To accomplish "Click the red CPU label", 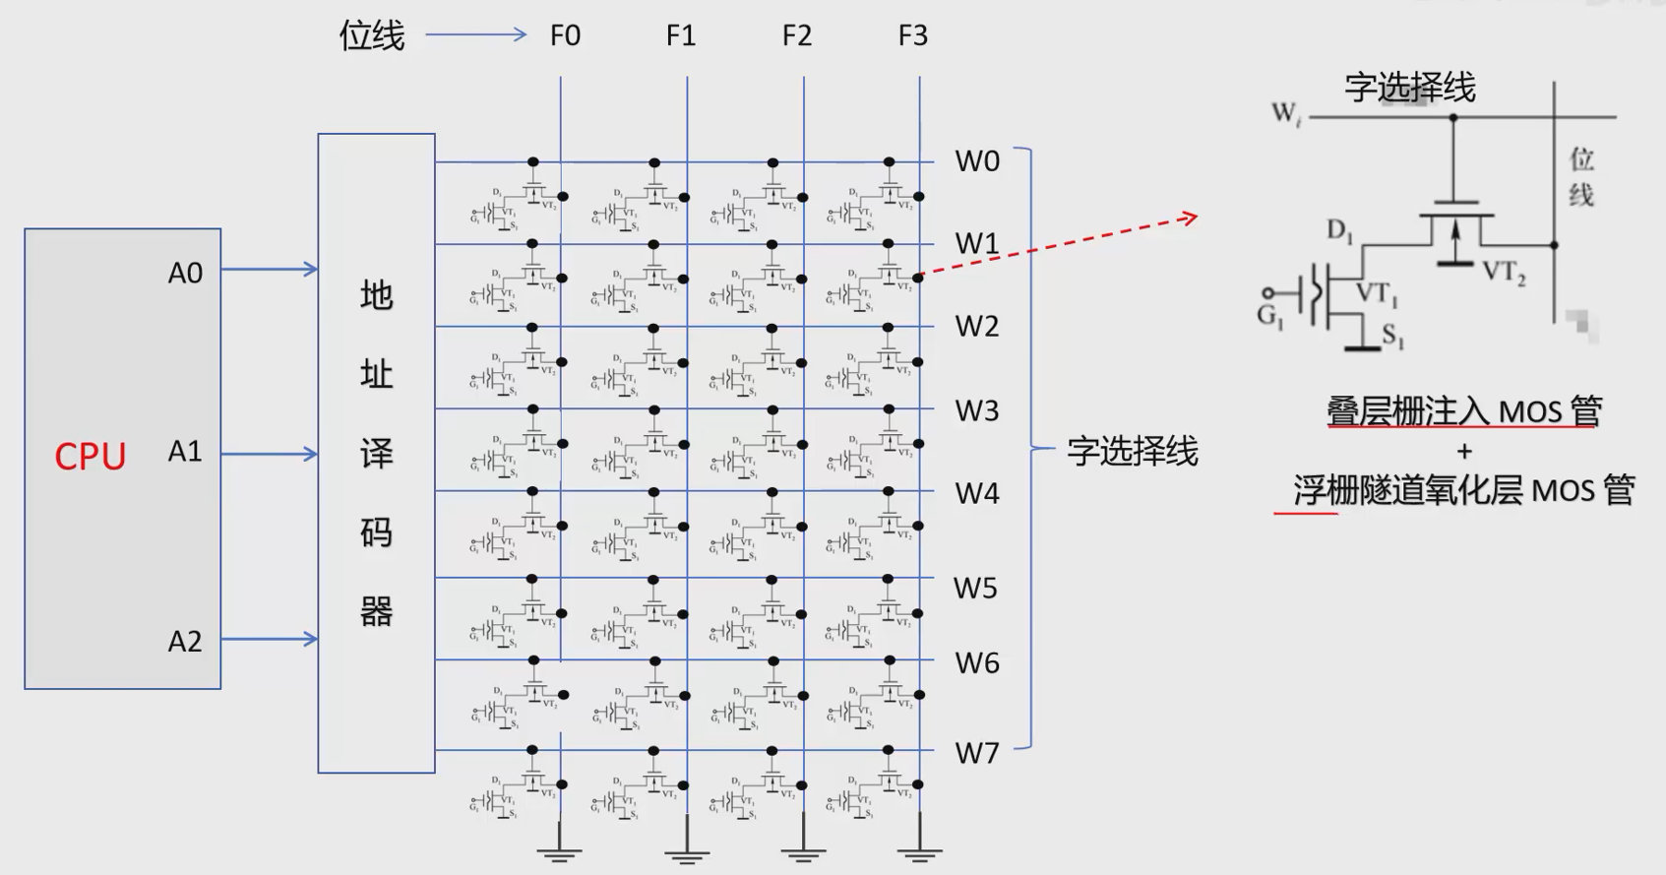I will point(90,457).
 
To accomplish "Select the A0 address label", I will point(185,273).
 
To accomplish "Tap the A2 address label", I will point(185,642).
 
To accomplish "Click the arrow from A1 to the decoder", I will point(270,454).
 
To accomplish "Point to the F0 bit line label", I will point(565,36).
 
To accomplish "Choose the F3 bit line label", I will point(912,36).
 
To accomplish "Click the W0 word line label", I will point(977,161).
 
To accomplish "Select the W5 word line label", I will point(975,589).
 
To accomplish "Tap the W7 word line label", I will point(977,754).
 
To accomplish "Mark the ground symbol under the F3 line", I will point(919,852).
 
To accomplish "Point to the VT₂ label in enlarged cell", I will point(1503,273).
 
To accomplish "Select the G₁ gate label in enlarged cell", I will point(1269,316).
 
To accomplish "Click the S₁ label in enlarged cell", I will point(1392,337).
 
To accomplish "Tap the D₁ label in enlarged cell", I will point(1339,231).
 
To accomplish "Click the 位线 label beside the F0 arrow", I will point(372,36).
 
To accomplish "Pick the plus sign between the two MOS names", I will point(1464,452).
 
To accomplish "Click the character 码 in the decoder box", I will point(377,532).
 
